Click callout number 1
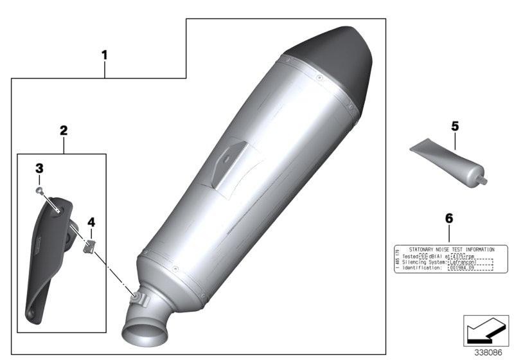click(104, 55)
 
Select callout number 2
click(63, 130)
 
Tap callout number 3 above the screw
click(39, 168)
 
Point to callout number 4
click(91, 222)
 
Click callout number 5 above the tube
click(455, 127)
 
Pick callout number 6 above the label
click(448, 219)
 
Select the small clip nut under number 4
click(91, 245)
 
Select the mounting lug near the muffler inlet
click(137, 296)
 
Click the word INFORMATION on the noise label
click(473, 249)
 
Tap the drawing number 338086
click(489, 352)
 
